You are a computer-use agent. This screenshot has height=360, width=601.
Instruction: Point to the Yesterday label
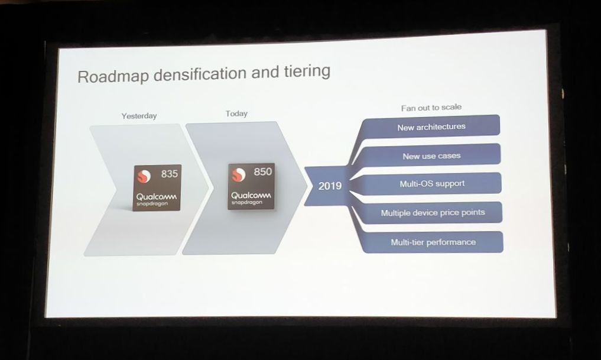tap(139, 116)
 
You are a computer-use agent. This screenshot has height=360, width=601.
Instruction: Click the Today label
tap(236, 113)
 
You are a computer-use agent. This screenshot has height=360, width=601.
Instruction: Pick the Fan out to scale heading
tap(431, 107)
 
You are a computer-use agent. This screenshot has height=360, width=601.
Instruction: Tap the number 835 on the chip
tap(169, 174)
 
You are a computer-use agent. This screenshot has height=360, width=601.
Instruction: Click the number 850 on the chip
tap(262, 172)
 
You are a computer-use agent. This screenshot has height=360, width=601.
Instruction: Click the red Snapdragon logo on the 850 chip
tap(238, 174)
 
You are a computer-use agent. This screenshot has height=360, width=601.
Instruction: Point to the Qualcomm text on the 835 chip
tap(157, 196)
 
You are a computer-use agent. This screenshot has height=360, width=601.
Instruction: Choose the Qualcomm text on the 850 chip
tap(251, 194)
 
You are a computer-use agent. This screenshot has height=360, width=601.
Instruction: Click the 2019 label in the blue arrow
tap(330, 186)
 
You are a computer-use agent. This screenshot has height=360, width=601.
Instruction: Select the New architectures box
tap(431, 127)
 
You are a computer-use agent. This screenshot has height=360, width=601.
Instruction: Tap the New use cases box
tap(431, 156)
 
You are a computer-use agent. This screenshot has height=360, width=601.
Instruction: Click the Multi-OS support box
tap(432, 184)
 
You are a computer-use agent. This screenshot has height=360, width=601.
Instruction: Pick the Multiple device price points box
tap(433, 213)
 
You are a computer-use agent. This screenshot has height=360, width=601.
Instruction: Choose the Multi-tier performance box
tap(433, 242)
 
